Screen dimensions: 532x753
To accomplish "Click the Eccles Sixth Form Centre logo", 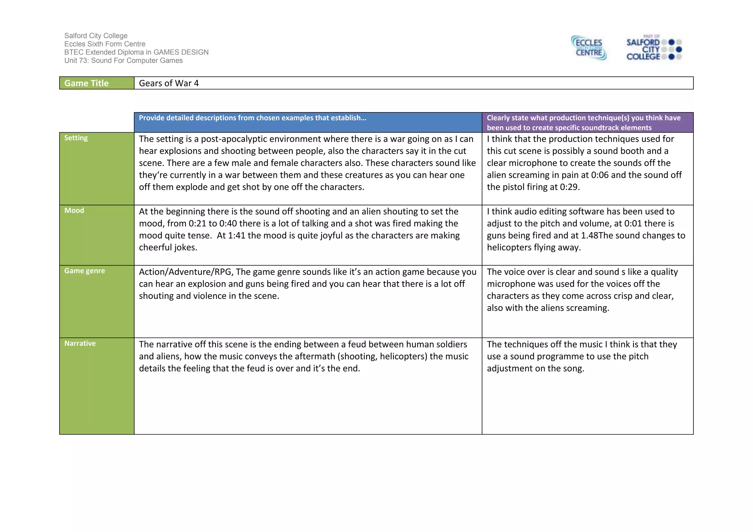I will (x=589, y=48).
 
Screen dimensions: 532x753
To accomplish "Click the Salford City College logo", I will (x=654, y=48).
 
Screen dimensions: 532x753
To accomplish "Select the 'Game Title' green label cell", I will (x=97, y=83).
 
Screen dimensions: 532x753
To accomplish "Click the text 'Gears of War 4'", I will (x=169, y=83).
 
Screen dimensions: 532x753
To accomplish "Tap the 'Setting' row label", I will (x=76, y=138).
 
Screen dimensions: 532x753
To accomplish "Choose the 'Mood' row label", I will (x=74, y=210).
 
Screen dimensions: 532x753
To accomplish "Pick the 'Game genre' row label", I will (x=85, y=271).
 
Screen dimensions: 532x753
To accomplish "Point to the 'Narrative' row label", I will (x=80, y=343).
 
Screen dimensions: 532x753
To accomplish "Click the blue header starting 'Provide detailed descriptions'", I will (x=253, y=118).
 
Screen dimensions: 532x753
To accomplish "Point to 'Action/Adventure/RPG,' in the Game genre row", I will (x=186, y=272).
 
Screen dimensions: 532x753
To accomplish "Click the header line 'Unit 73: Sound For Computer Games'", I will (x=124, y=61).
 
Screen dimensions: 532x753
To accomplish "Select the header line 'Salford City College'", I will (x=96, y=36).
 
